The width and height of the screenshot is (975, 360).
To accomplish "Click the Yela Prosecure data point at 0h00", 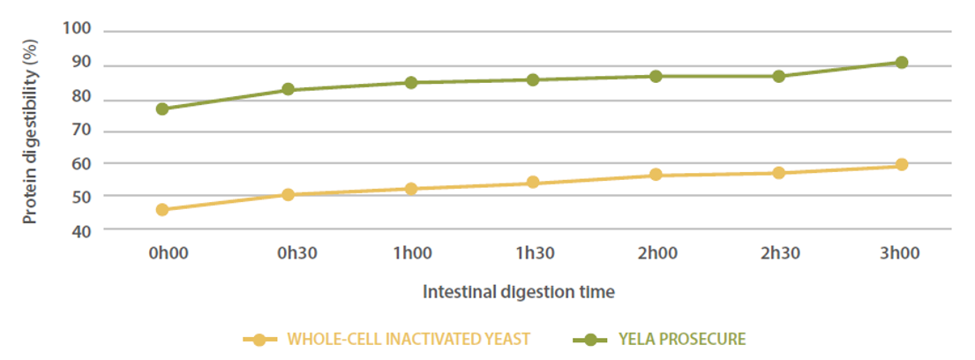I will [x=162, y=109].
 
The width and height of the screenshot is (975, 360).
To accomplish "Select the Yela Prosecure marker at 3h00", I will [x=902, y=63].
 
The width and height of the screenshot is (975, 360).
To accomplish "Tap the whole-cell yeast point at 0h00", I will [x=162, y=210].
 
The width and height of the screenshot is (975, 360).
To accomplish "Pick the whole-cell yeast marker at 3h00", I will [x=902, y=165].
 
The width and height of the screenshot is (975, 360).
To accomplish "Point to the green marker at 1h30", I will [x=533, y=79].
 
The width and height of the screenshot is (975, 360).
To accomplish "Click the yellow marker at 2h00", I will [x=656, y=175].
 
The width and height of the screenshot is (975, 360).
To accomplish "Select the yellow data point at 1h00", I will [x=410, y=189].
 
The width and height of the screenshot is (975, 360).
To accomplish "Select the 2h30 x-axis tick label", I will [x=779, y=253].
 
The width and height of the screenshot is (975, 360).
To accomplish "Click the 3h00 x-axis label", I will [x=902, y=253].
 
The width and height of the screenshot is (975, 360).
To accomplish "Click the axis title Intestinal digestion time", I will [x=519, y=290].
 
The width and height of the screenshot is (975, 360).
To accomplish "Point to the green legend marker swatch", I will [x=590, y=339].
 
